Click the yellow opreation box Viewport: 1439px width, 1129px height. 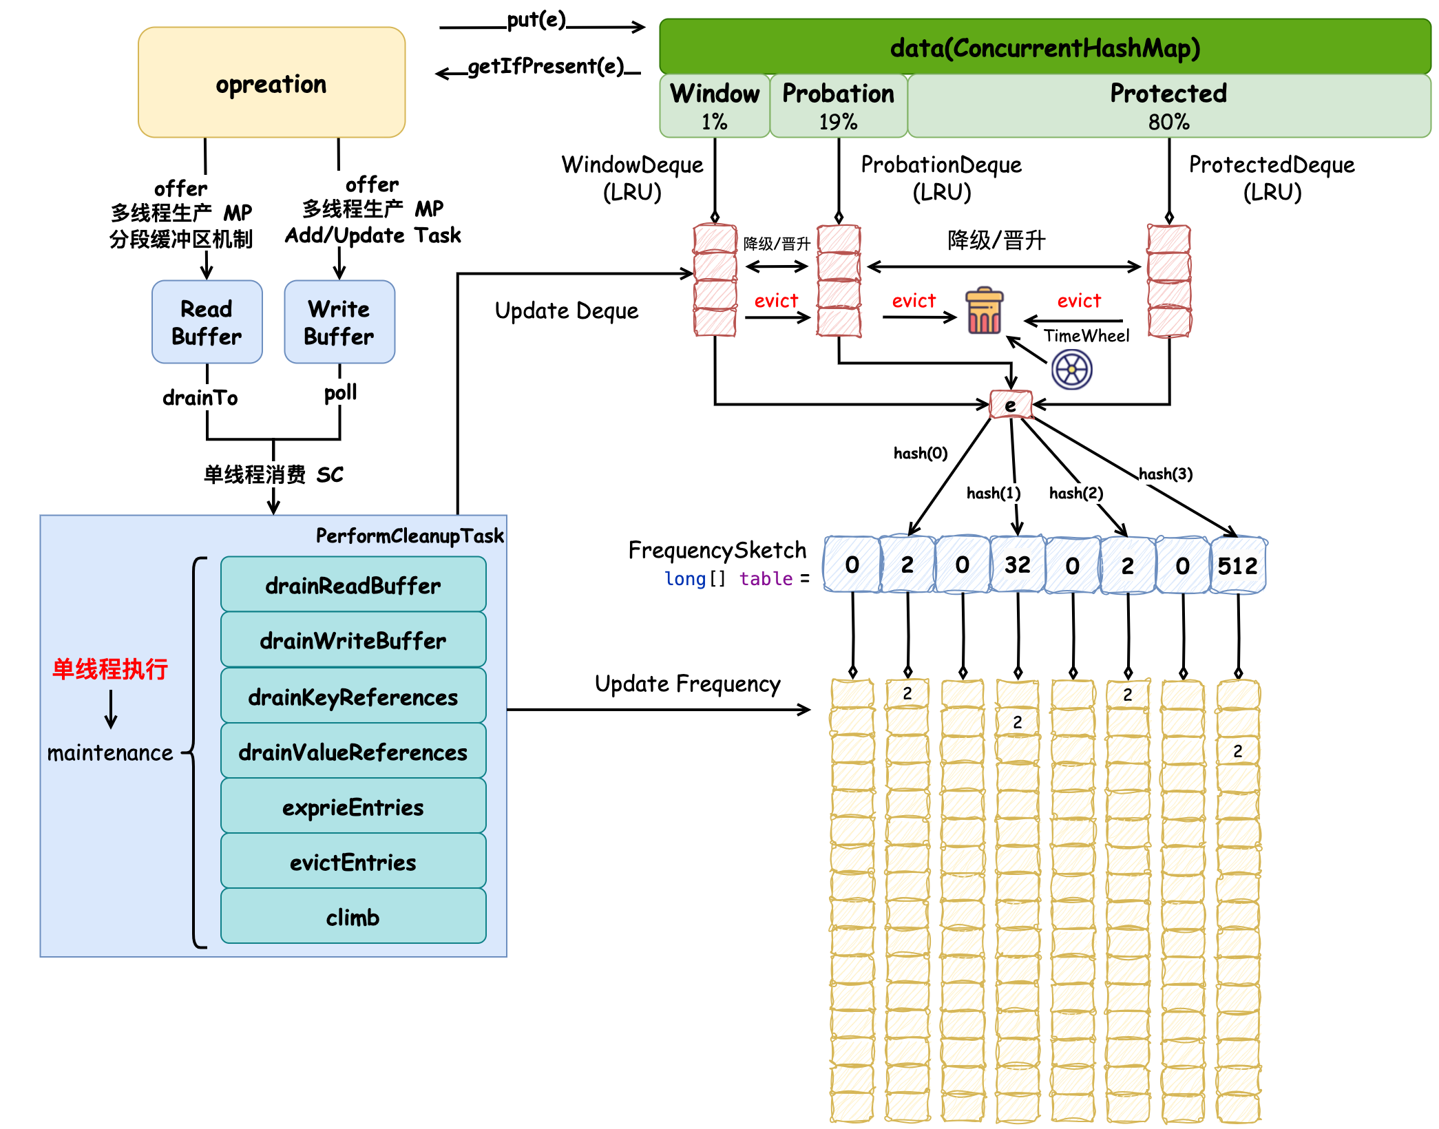pyautogui.click(x=271, y=83)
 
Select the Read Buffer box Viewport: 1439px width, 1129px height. pyautogui.click(x=207, y=321)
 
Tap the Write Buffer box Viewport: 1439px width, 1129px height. pyautogui.click(x=339, y=321)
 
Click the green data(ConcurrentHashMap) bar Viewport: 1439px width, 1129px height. pyautogui.click(x=1044, y=47)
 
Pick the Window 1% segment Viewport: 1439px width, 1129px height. pyautogui.click(x=715, y=106)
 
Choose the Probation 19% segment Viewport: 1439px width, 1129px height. pyautogui.click(x=838, y=106)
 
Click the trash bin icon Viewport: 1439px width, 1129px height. pyautogui.click(x=985, y=311)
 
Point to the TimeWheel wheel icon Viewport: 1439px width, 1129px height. pyautogui.click(x=1071, y=370)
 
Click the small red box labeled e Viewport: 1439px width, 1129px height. pyautogui.click(x=1011, y=405)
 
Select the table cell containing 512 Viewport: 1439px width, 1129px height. pyautogui.click(x=1237, y=565)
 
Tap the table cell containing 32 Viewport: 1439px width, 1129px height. pyautogui.click(x=1017, y=565)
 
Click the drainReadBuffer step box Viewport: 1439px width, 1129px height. pyautogui.click(x=353, y=585)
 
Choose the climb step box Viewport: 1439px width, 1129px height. pyautogui.click(x=353, y=917)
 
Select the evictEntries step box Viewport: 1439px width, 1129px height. pyautogui.click(x=353, y=862)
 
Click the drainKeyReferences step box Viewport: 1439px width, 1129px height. pyautogui.click(x=353, y=697)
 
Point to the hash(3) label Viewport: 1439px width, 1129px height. pyautogui.click(x=1165, y=474)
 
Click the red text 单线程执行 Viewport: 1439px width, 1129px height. pyautogui.click(x=110, y=668)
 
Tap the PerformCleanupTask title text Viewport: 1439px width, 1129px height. pyautogui.click(x=410, y=536)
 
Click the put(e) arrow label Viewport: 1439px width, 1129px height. pyautogui.click(x=536, y=21)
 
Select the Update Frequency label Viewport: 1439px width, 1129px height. pyautogui.click(x=687, y=684)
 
